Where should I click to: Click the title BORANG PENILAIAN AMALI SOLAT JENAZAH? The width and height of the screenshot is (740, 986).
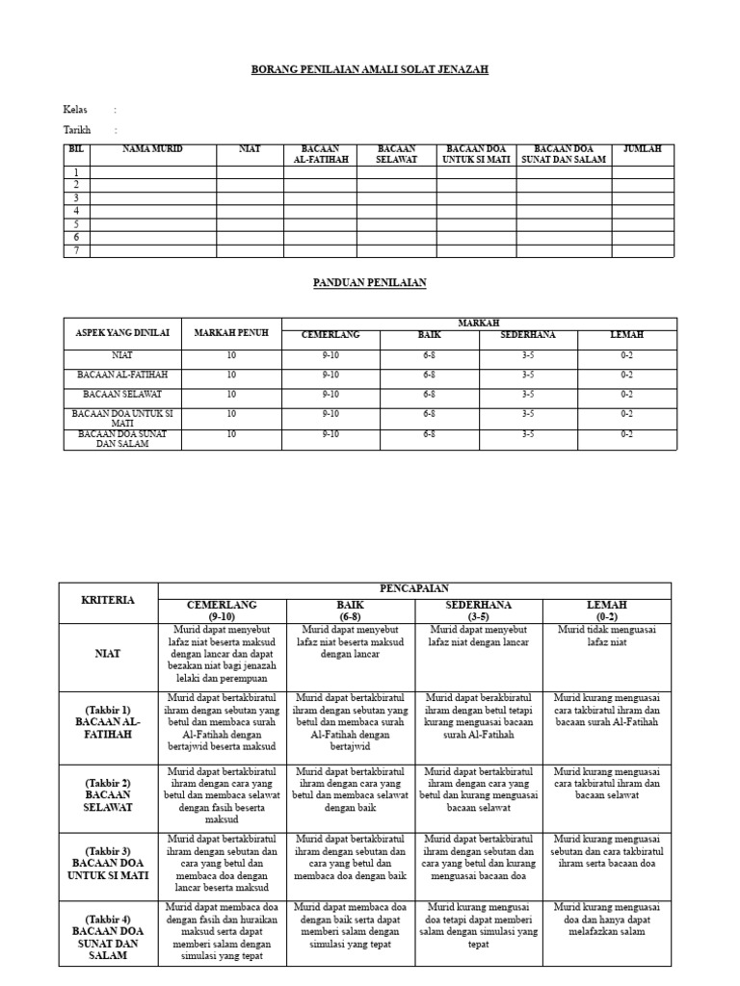point(370,70)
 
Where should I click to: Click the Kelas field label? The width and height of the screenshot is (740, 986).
point(75,110)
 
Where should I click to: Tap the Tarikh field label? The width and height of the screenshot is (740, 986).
point(77,130)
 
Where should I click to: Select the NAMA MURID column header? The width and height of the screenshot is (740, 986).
point(152,149)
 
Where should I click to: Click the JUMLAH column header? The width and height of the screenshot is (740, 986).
point(643,149)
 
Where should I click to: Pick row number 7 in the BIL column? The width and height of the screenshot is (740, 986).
point(76,251)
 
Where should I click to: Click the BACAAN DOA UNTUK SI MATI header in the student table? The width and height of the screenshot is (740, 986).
point(475,154)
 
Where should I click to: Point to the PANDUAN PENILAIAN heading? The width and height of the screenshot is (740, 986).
point(370,283)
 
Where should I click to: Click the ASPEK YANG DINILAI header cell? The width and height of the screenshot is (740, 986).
point(122,333)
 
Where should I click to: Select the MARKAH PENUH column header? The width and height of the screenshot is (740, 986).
point(231,333)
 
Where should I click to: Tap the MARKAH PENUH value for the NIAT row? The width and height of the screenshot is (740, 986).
point(231,356)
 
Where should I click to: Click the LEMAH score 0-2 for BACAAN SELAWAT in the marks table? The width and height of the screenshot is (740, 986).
point(626,394)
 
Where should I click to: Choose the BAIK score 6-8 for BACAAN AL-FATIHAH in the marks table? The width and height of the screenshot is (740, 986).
point(429,375)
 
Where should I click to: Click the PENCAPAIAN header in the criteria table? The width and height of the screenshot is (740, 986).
point(414,588)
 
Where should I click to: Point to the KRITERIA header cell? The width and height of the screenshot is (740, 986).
point(109,600)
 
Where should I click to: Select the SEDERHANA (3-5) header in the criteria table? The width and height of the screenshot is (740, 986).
point(479,610)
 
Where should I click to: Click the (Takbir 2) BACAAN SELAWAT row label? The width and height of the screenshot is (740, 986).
point(109,796)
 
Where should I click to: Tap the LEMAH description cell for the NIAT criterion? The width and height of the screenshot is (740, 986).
point(607,636)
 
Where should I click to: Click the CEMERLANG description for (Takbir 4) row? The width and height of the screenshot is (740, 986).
point(222,931)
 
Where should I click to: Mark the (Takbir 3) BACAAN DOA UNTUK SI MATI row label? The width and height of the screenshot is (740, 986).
point(109,864)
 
